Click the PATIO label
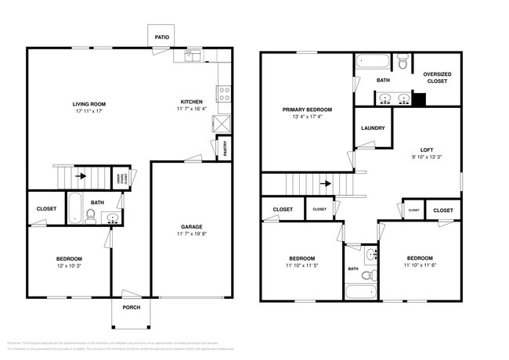coord(161,35)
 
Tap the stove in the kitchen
coord(223,94)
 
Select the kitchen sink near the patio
coord(193,56)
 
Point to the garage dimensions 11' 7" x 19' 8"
coord(192,233)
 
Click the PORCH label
coord(132,308)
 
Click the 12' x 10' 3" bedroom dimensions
coord(68,265)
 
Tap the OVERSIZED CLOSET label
coord(437,77)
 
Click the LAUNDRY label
coord(373,128)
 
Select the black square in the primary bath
coord(418,99)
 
